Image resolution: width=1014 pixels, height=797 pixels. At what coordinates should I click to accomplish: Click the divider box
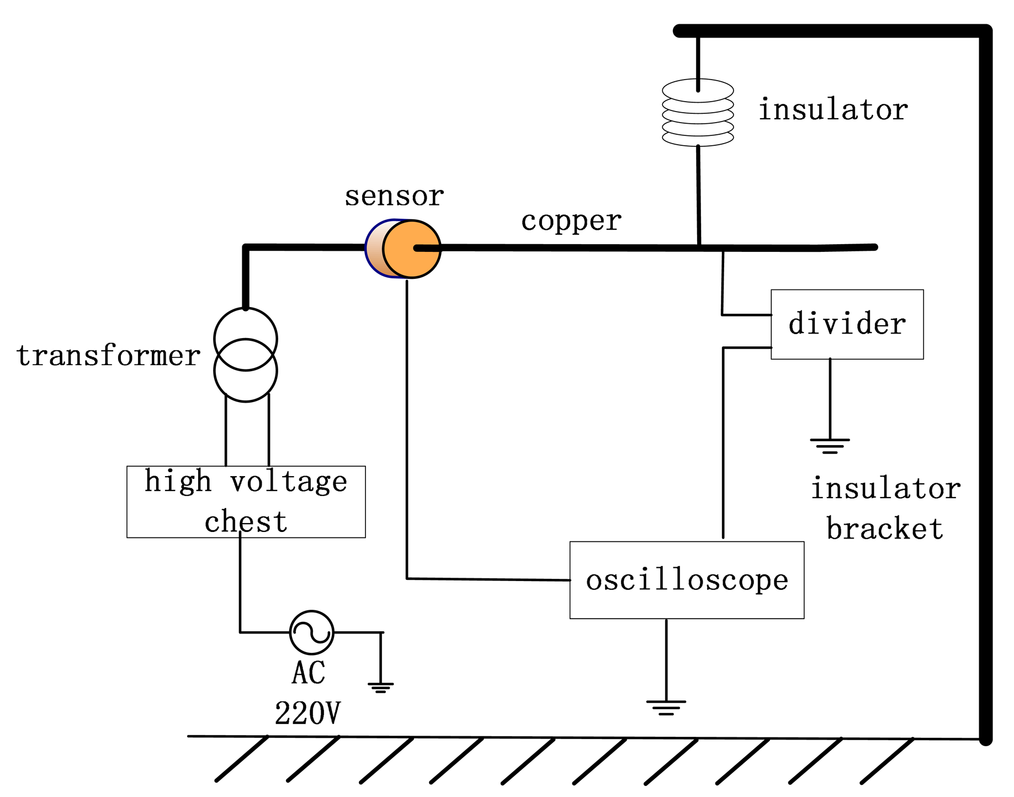[x=846, y=324]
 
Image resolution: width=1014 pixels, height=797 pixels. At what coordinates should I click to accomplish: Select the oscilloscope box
[x=686, y=579]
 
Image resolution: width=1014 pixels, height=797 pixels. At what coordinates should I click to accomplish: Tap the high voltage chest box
[x=246, y=501]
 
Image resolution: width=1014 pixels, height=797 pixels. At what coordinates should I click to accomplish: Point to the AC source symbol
[x=311, y=632]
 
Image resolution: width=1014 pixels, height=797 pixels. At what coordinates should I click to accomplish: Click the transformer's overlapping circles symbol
[x=246, y=355]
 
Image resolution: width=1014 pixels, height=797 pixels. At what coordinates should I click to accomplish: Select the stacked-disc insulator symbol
[x=697, y=113]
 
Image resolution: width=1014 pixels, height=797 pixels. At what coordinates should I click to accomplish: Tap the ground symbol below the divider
[x=829, y=445]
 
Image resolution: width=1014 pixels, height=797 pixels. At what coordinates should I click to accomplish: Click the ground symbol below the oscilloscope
[x=666, y=707]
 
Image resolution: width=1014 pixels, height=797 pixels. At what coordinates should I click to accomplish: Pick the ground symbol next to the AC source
[x=380, y=687]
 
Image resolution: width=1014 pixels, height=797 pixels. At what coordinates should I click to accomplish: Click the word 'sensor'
[x=394, y=196]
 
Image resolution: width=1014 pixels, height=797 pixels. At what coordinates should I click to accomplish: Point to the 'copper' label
[x=571, y=221]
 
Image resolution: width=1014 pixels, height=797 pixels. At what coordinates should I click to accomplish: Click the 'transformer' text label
[x=108, y=355]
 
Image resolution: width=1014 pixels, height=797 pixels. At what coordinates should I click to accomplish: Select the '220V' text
[x=307, y=712]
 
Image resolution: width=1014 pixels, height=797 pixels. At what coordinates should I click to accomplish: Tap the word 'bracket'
[x=884, y=529]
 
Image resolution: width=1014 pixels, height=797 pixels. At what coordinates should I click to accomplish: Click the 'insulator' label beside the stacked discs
[x=832, y=109]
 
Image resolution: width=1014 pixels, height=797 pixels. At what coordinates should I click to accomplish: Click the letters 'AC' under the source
[x=308, y=672]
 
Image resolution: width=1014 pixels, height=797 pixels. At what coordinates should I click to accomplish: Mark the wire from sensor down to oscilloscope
[x=407, y=431]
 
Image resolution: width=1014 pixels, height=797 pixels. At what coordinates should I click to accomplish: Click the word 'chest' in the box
[x=246, y=522]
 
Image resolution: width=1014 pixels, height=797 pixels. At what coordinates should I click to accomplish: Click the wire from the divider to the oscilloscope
[x=723, y=442]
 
